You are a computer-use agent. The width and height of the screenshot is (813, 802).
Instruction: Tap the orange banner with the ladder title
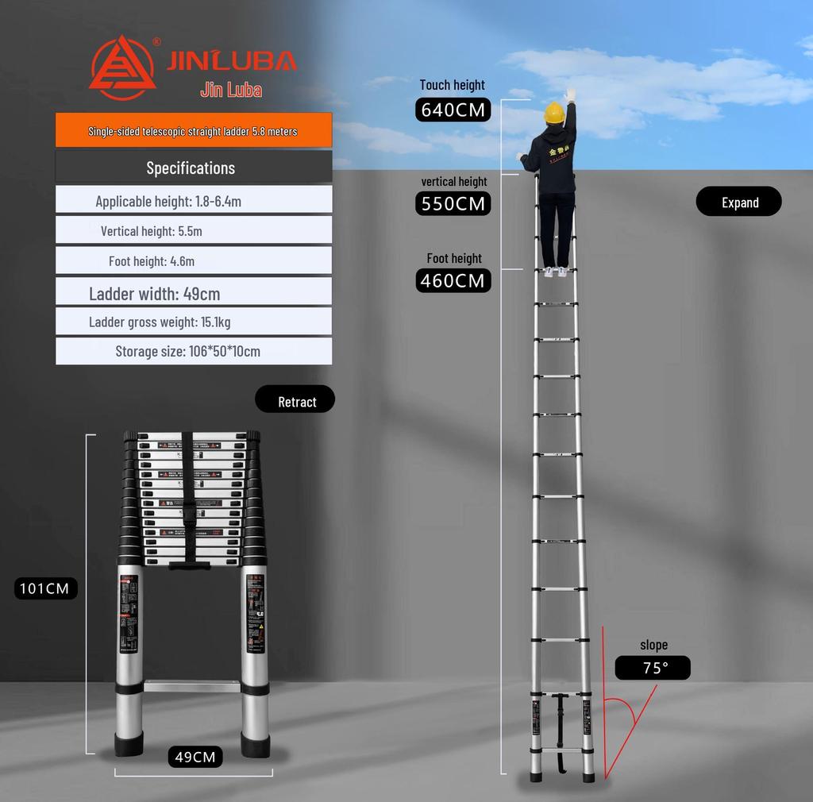193,130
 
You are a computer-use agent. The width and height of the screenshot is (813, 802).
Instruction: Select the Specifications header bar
193,168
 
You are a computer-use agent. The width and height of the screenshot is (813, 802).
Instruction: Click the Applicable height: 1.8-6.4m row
193,201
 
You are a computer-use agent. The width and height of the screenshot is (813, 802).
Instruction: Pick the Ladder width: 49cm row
193,293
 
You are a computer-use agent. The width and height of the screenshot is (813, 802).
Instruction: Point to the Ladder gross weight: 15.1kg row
193,322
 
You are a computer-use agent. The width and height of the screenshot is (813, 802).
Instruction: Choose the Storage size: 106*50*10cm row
193,351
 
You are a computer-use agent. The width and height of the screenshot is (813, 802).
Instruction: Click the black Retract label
295,402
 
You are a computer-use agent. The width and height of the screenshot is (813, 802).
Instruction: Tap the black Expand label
738,202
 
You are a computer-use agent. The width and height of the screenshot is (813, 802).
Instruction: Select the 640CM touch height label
453,110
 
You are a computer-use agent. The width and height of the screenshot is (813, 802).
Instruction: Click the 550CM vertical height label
453,204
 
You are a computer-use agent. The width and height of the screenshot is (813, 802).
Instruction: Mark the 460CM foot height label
453,280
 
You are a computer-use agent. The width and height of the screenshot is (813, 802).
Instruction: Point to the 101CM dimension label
46,588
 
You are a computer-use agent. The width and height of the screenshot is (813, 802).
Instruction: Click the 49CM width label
195,757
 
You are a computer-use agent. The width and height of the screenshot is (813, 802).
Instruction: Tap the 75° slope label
653,668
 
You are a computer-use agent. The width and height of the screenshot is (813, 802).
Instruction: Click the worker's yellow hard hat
553,113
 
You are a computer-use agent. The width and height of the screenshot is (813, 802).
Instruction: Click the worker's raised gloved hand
569,94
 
